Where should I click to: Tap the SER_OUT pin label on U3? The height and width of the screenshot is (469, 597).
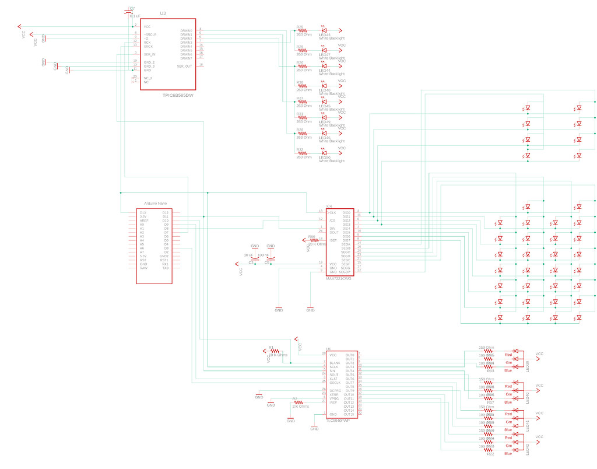tap(184, 66)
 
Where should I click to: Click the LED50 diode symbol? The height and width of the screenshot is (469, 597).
tap(324, 152)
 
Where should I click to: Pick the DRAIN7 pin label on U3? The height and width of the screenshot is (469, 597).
tap(186, 58)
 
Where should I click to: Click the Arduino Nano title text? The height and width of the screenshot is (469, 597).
tap(153, 202)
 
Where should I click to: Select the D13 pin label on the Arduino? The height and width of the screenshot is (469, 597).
tap(143, 212)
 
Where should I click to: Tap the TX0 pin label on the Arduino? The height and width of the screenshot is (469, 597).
tap(165, 268)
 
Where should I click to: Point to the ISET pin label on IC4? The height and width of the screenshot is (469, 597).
tap(333, 240)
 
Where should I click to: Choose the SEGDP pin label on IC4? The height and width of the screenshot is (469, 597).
tap(345, 272)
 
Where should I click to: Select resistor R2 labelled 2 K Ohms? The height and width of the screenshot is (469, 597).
tap(298, 402)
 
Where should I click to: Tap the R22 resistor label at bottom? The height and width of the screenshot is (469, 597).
tap(490, 453)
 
